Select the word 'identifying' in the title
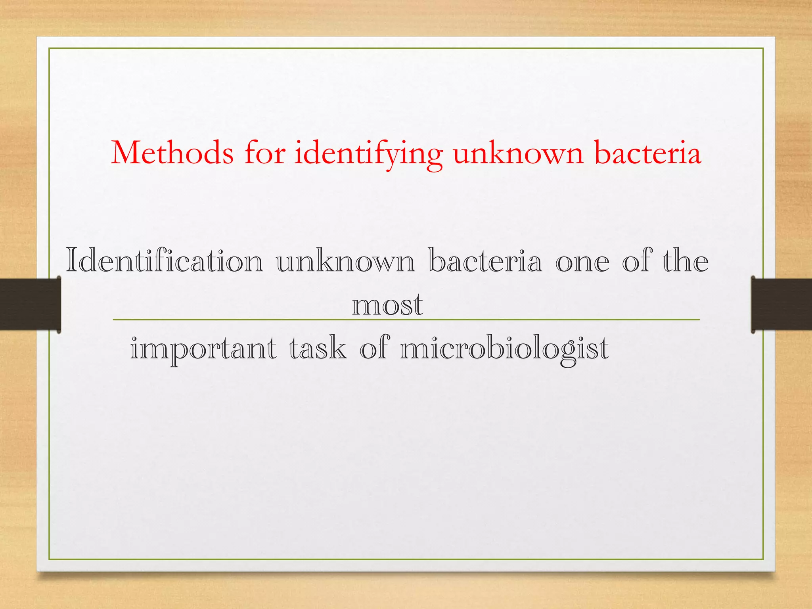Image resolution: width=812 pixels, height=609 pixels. (x=368, y=155)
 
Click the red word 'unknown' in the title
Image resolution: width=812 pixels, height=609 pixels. (x=518, y=153)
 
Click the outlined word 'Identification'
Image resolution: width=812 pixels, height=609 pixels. (x=165, y=260)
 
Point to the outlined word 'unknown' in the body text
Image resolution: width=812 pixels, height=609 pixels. (x=345, y=261)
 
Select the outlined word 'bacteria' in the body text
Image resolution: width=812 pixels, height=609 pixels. (x=485, y=260)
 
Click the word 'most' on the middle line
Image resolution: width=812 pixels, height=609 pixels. (x=387, y=305)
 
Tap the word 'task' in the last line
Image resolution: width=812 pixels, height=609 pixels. (x=318, y=348)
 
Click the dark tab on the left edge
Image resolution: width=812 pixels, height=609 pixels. (x=30, y=304)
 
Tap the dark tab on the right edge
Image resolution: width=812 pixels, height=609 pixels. (x=781, y=304)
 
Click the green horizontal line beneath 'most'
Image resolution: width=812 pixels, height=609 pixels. (x=555, y=320)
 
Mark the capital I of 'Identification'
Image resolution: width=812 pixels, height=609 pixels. (x=72, y=260)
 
